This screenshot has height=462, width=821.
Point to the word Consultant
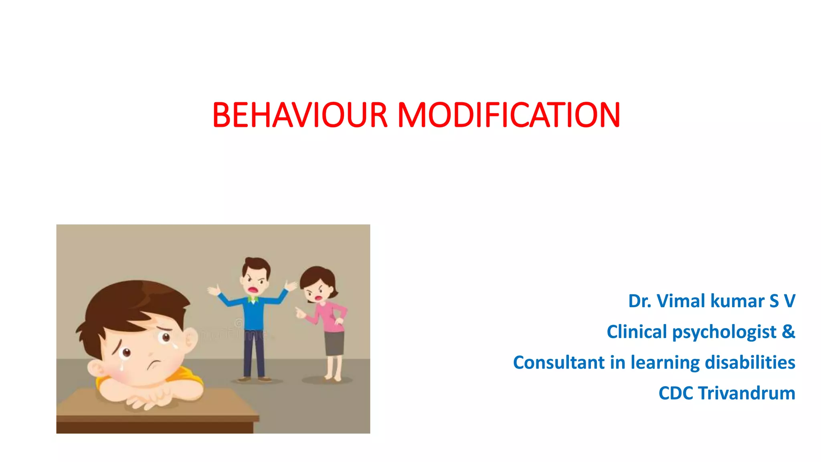click(x=559, y=363)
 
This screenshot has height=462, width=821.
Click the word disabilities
click(x=750, y=363)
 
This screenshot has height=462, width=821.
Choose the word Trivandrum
click(x=746, y=393)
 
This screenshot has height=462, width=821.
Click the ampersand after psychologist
click(x=788, y=332)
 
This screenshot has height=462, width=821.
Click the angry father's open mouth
click(x=253, y=289)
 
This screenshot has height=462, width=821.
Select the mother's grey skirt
click(x=334, y=343)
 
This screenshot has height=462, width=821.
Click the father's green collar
click(x=252, y=299)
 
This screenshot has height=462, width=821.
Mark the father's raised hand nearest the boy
click(x=214, y=290)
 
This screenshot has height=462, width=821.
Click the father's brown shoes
click(x=254, y=379)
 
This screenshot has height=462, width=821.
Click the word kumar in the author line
click(x=737, y=301)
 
